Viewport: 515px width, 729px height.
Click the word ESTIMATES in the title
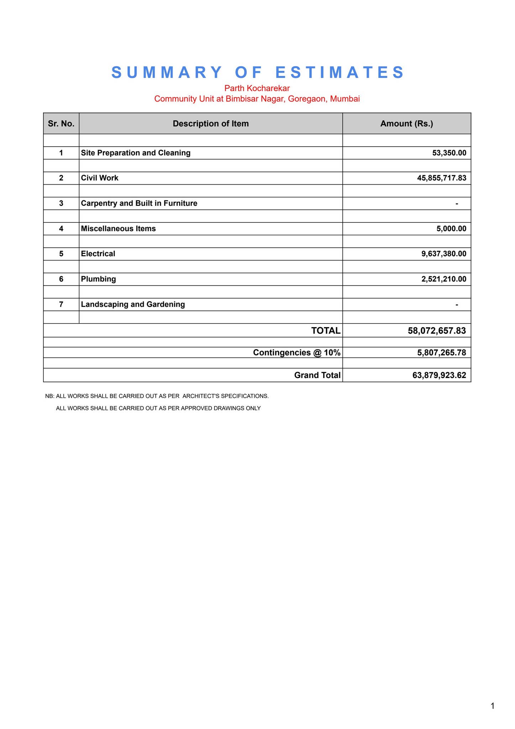click(x=340, y=73)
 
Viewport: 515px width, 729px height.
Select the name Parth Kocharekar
click(x=257, y=88)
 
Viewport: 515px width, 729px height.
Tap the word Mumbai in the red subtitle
click(x=345, y=99)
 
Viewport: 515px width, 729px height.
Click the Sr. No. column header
click(x=61, y=124)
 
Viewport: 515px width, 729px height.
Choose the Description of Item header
click(x=211, y=124)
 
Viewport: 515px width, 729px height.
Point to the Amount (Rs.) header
click(x=406, y=124)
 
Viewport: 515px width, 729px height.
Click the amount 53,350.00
click(x=449, y=153)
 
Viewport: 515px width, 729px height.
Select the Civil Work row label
click(x=100, y=178)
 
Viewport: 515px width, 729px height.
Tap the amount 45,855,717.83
click(x=441, y=178)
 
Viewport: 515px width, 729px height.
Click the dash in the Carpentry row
click(x=457, y=204)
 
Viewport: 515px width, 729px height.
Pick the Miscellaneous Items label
click(x=118, y=229)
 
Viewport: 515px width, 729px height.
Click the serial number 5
click(x=61, y=254)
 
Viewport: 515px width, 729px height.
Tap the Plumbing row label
click(x=99, y=279)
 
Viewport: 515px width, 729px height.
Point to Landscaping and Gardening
click(x=133, y=304)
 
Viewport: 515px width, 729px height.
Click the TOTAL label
click(x=326, y=331)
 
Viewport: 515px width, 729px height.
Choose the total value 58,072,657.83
click(x=437, y=331)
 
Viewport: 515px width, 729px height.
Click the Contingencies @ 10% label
click(x=296, y=352)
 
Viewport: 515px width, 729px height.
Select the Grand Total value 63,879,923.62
click(x=439, y=375)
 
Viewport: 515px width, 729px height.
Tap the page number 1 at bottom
click(x=492, y=706)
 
